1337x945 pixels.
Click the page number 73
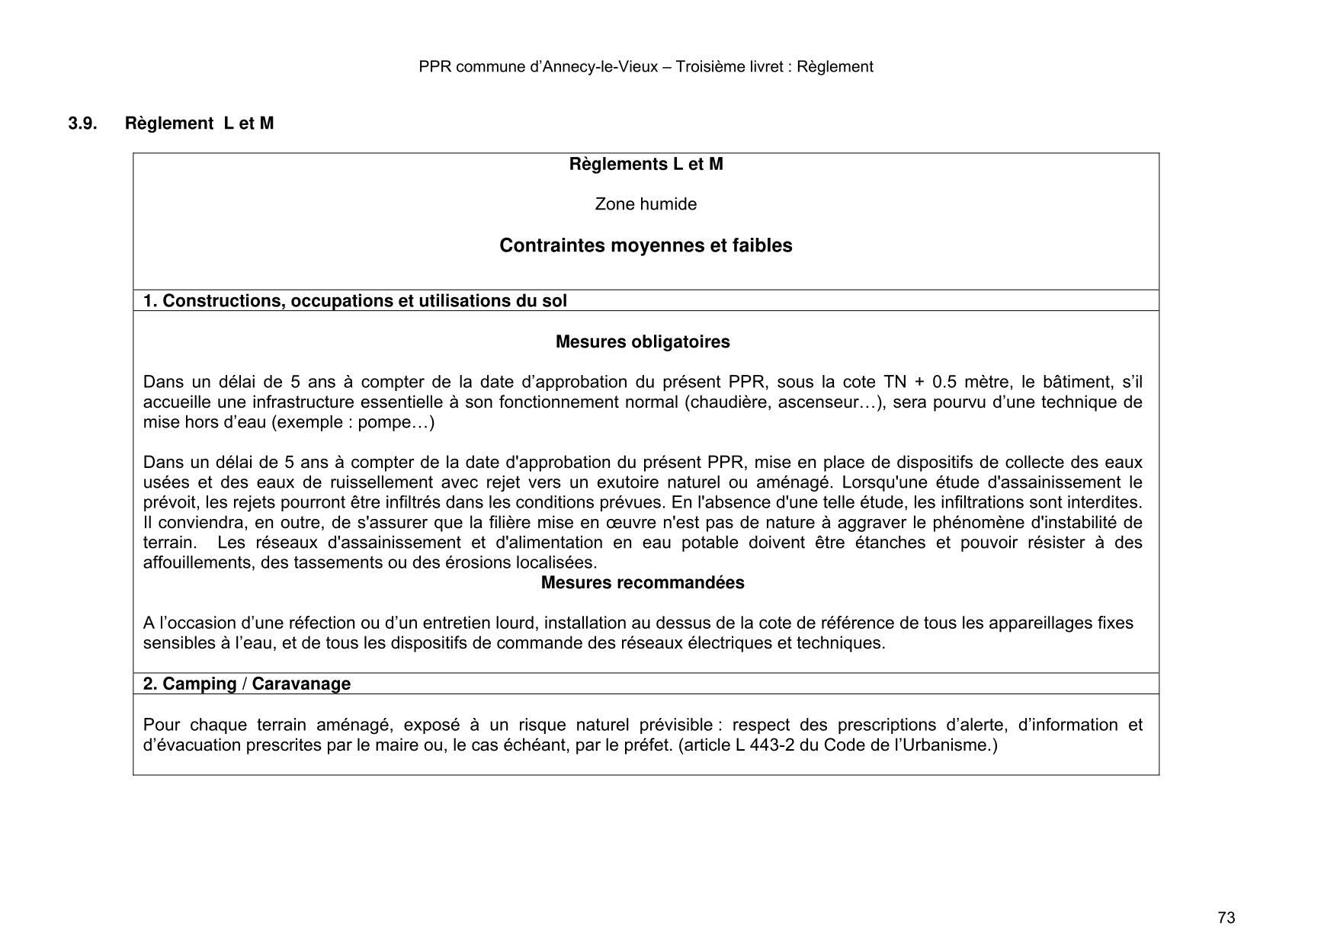[x=1226, y=918]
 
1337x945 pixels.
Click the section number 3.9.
[x=82, y=123]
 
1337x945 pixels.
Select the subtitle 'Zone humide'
[x=646, y=204]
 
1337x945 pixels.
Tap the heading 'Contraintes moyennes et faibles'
[x=646, y=245]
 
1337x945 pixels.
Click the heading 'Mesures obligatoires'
[x=643, y=342]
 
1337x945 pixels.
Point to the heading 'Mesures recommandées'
[x=643, y=583]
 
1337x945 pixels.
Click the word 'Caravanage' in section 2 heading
[x=301, y=684]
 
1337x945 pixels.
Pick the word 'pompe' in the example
[x=383, y=422]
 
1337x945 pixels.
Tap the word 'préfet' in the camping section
[x=648, y=745]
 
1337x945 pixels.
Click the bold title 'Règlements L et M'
[x=646, y=165]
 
